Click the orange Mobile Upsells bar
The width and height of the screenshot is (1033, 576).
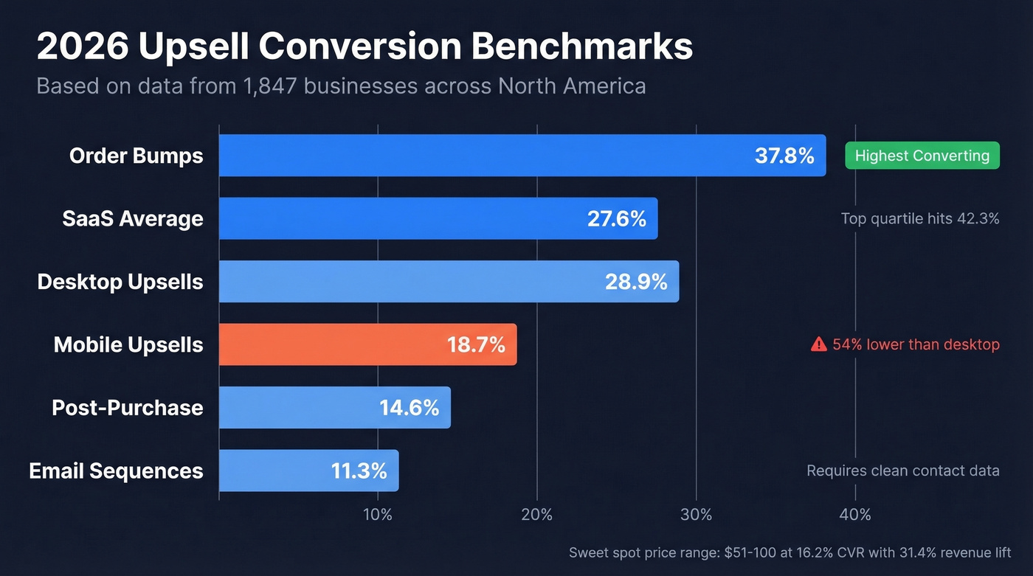(x=367, y=344)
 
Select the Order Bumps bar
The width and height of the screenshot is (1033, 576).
(x=522, y=156)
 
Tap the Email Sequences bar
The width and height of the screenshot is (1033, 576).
(x=308, y=471)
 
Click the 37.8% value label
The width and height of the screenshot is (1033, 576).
(x=784, y=156)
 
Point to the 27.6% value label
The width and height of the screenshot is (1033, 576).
(x=616, y=218)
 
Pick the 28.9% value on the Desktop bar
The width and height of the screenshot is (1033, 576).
(x=636, y=282)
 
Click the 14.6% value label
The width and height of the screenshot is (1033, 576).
(x=409, y=408)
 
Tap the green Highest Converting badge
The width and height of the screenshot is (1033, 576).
(x=922, y=156)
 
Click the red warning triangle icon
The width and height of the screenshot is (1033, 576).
(x=818, y=344)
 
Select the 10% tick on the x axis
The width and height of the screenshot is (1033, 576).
(x=378, y=515)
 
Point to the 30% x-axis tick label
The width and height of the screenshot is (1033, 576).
(x=696, y=515)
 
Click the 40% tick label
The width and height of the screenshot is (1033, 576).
(x=855, y=515)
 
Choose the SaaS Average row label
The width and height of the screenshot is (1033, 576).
(x=133, y=219)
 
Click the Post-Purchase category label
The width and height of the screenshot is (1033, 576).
(x=127, y=408)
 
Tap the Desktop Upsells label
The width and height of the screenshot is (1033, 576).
(x=120, y=282)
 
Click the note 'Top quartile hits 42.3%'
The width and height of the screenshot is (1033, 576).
(x=919, y=218)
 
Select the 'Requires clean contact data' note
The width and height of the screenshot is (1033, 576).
(x=902, y=471)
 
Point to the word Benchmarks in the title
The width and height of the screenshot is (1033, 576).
(x=582, y=47)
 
